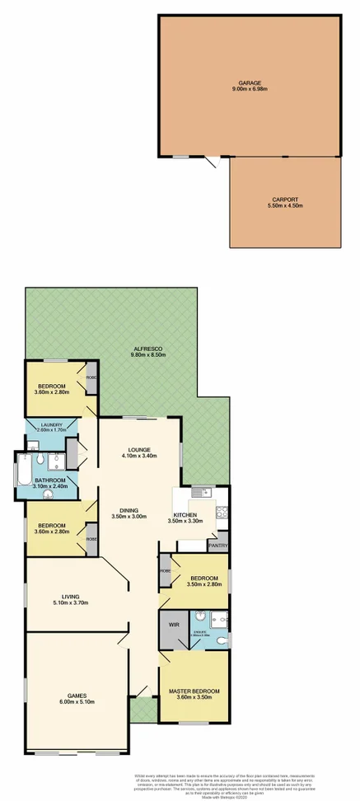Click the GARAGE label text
tap(250, 82)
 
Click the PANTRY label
tap(217, 545)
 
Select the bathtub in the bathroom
tap(22, 479)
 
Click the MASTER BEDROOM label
tap(194, 691)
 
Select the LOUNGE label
tap(137, 450)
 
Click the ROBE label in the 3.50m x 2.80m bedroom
tap(165, 570)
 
